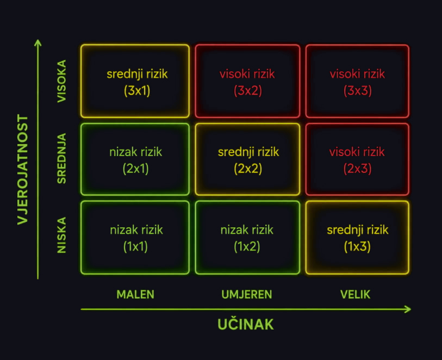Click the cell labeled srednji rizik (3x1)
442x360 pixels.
coord(135,81)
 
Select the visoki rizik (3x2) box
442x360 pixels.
coord(247,81)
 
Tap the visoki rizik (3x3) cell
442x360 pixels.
coord(357,81)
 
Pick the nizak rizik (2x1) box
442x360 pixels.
coord(135,159)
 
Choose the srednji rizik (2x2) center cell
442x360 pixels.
coord(247,159)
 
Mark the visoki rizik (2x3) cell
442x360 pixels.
coord(357,159)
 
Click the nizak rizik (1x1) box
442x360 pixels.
coord(135,237)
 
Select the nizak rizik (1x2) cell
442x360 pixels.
coord(247,237)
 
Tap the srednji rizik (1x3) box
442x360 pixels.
coord(357,237)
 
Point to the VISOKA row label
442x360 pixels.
coord(62,81)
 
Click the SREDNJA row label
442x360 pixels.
coord(62,158)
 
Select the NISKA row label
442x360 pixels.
coord(62,235)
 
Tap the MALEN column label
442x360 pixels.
coord(135,295)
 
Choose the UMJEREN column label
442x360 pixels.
coord(247,295)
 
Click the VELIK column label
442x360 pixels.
coord(355,295)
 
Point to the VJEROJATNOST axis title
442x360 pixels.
coord(23,170)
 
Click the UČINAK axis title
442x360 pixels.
coord(246,324)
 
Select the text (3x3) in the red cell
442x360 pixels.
coord(357,91)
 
